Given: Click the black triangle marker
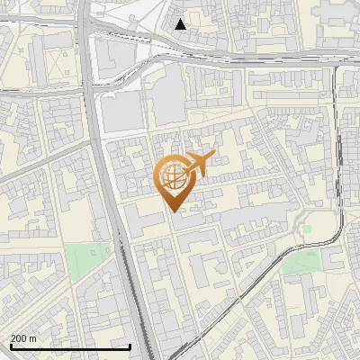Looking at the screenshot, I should pos(181,24).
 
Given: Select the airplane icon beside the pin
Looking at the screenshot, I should pos(198,164).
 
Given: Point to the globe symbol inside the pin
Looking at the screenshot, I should pos(173,176).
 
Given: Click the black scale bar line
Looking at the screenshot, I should pos(69,346).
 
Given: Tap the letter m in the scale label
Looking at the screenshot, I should pos(33,338).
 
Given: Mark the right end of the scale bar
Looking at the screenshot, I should pos(130,346).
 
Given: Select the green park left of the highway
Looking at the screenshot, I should pos(91,262).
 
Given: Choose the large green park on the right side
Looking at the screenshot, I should pos(301,262).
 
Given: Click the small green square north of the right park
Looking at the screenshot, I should pos(307,228).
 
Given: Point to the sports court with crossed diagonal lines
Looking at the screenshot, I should pos(59,62).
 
